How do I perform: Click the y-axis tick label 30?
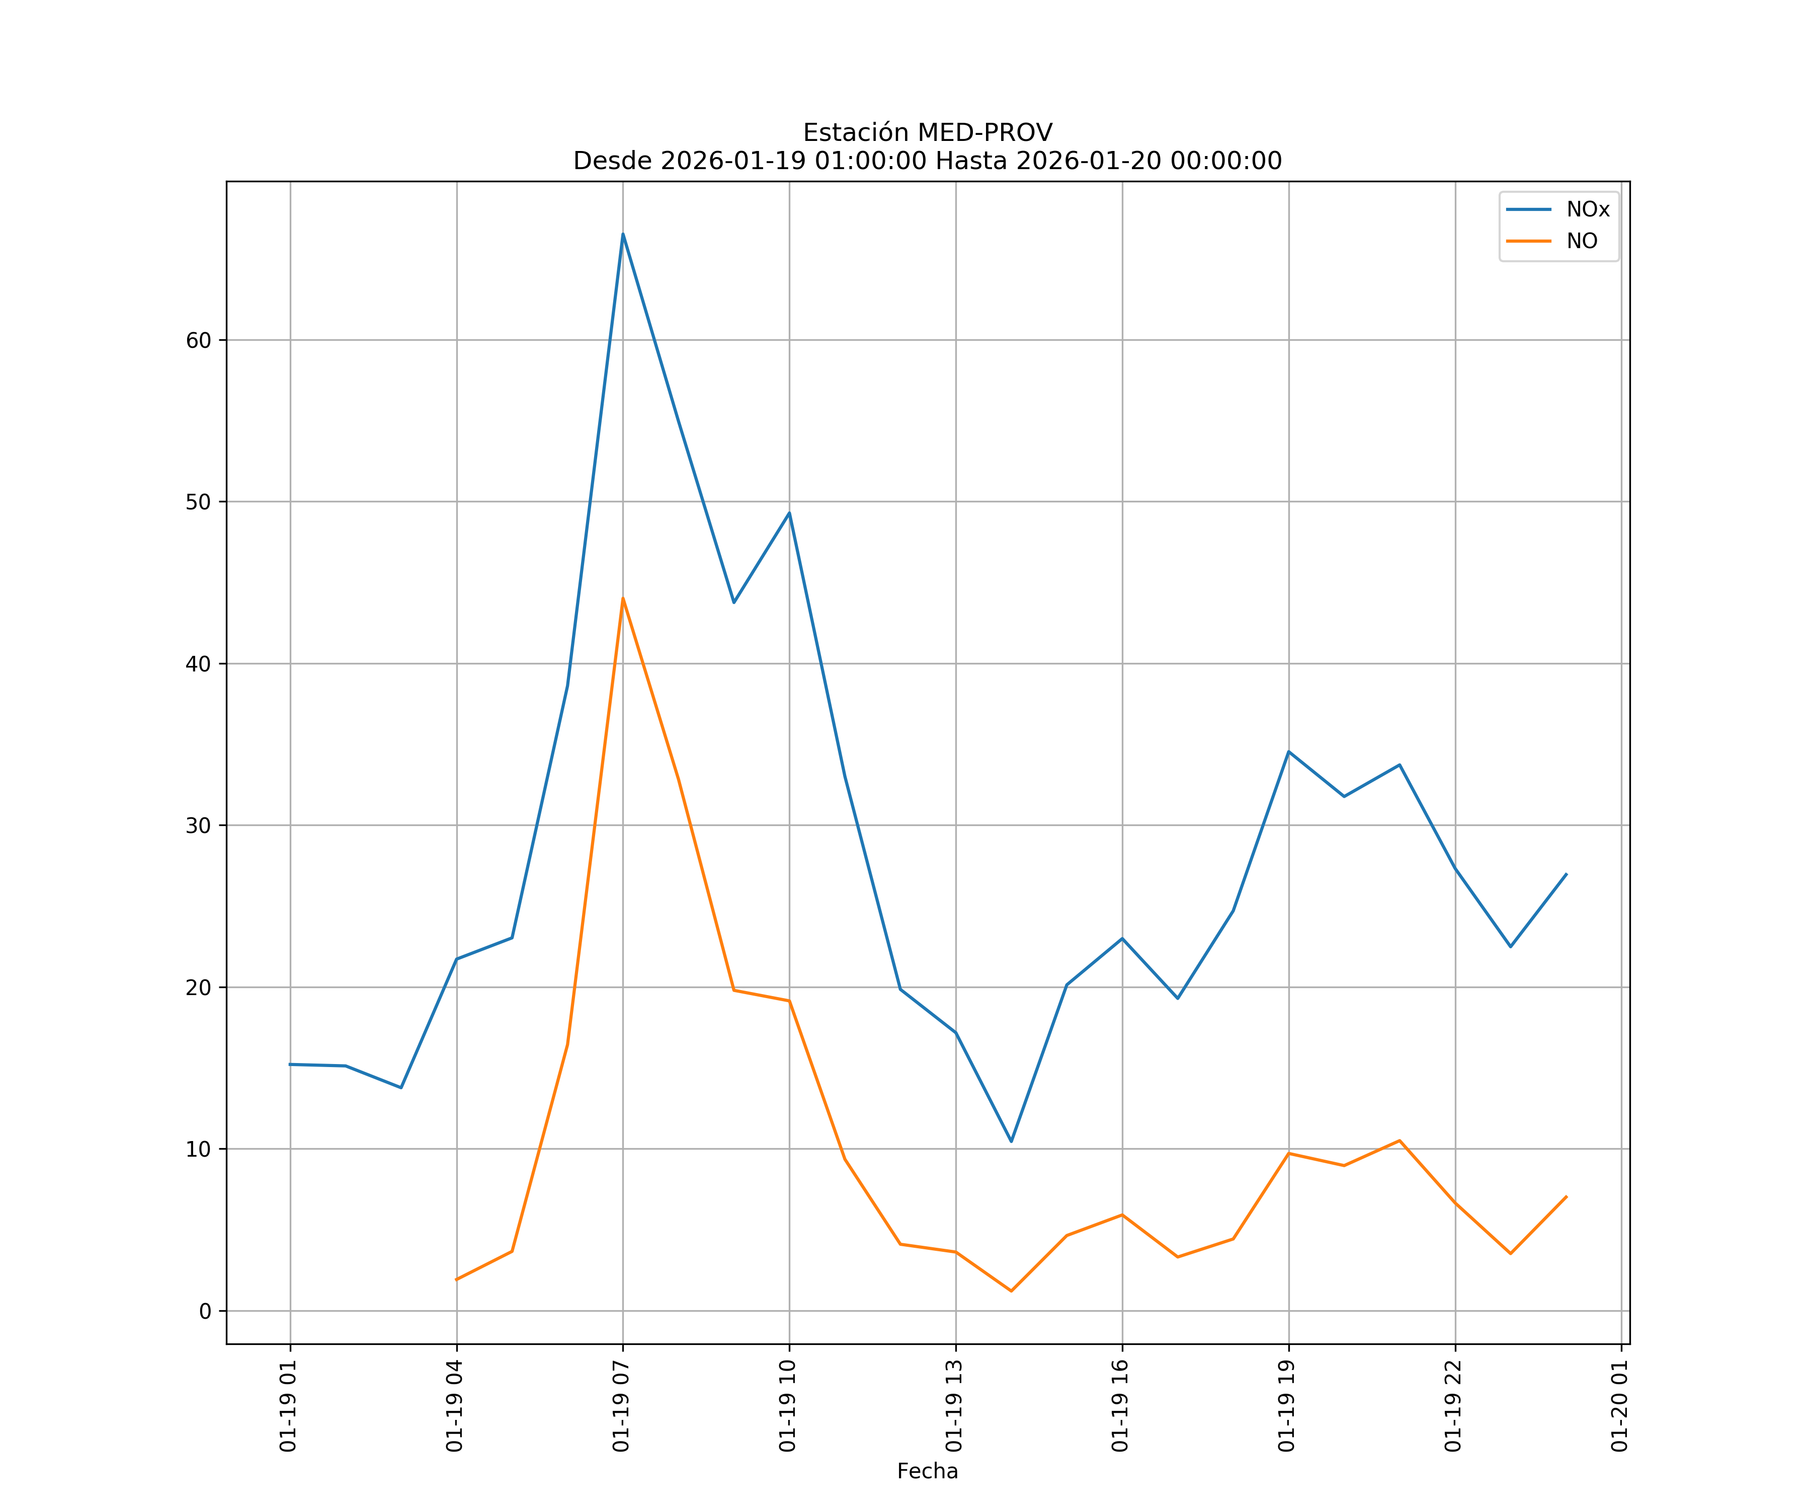(198, 826)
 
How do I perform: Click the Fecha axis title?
(927, 1471)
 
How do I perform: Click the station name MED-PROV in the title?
(984, 133)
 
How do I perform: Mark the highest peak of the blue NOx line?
(623, 234)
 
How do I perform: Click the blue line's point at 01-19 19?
(1288, 751)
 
